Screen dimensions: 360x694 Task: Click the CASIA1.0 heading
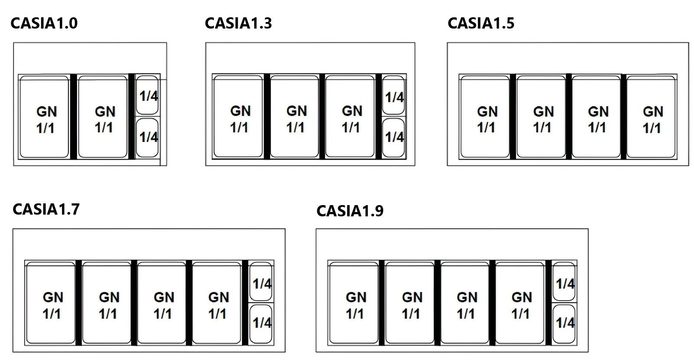pyautogui.click(x=44, y=23)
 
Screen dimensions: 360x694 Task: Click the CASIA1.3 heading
pyautogui.click(x=238, y=23)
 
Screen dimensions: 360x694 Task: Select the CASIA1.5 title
pyautogui.click(x=481, y=23)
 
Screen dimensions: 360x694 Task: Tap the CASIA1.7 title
pyautogui.click(x=46, y=209)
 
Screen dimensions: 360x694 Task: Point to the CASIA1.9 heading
pyautogui.click(x=350, y=211)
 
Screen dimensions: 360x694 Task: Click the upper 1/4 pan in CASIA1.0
pyautogui.click(x=148, y=95)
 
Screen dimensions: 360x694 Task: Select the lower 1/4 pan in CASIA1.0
pyautogui.click(x=148, y=137)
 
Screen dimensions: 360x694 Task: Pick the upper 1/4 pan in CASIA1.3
pyautogui.click(x=394, y=96)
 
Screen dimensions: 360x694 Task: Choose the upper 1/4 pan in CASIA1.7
pyautogui.click(x=261, y=282)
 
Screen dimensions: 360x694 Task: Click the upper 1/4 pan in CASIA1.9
pyautogui.click(x=565, y=282)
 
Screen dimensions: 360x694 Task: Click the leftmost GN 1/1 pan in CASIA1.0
pyautogui.click(x=45, y=117)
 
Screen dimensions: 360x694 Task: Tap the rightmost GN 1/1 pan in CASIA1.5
pyautogui.click(x=652, y=117)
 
